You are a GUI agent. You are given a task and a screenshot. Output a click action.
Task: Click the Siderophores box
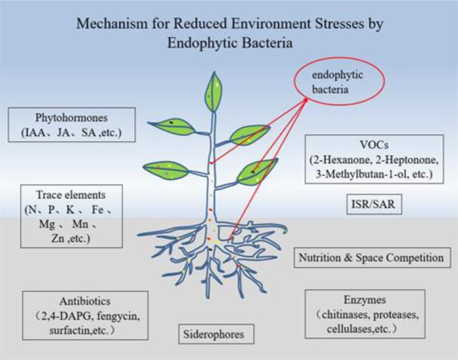coord(214,334)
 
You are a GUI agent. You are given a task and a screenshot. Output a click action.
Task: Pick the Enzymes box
coord(365,312)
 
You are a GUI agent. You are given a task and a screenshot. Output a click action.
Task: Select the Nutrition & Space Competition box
coord(371,257)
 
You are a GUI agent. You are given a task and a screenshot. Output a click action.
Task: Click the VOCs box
coord(373,158)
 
